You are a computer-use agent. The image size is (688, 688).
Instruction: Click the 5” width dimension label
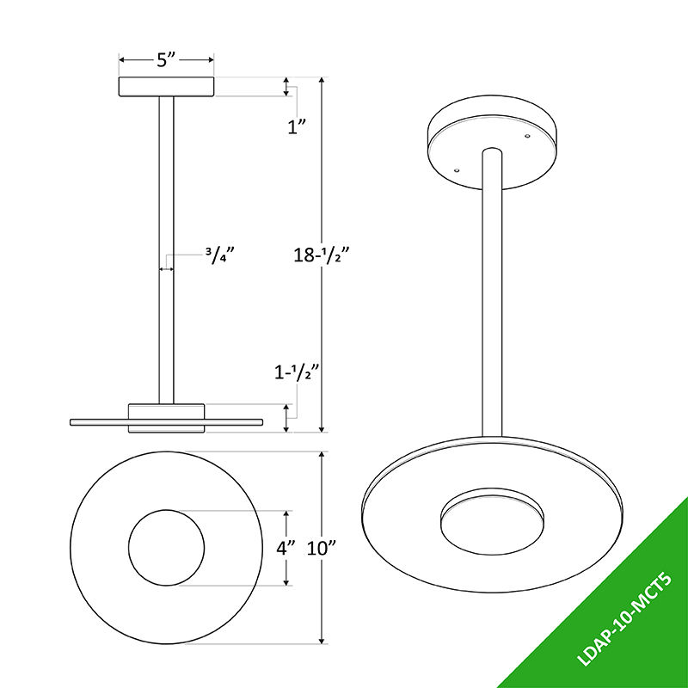pos(166,59)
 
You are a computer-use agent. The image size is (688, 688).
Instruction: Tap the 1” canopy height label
pos(296,127)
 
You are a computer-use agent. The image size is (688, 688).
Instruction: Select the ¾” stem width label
pos(220,255)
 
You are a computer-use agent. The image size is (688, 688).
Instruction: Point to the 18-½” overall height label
pos(321,255)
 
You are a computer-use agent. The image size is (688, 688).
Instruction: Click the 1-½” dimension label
pos(296,373)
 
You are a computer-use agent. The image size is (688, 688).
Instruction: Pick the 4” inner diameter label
pos(286,548)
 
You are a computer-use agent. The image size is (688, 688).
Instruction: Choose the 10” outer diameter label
pos(321,548)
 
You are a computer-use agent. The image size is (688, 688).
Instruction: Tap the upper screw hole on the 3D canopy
pos(527,136)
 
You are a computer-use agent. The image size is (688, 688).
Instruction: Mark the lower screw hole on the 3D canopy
pos(457,170)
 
